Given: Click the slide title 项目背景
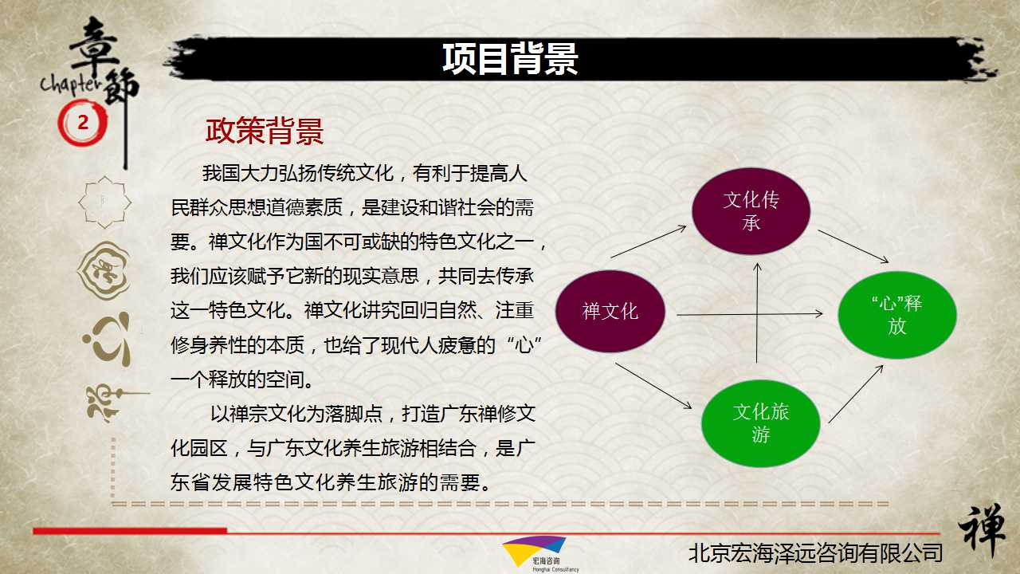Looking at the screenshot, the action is tap(510, 59).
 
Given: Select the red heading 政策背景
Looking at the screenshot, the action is tap(265, 132).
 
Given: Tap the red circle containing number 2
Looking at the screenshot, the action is tap(82, 123).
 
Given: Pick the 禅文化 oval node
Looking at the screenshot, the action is tap(610, 312).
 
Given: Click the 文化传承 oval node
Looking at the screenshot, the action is tap(751, 211).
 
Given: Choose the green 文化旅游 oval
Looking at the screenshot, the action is tap(761, 423).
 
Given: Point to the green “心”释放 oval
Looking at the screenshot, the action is tap(897, 315).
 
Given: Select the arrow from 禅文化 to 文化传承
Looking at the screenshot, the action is tap(649, 242).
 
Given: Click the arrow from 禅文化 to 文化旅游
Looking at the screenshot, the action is tap(653, 386).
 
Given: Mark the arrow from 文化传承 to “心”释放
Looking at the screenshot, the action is tap(853, 246).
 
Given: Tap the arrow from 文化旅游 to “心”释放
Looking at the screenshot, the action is tap(856, 394).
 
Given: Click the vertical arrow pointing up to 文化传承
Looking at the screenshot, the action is tap(757, 313).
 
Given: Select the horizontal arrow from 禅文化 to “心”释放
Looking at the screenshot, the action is tap(750, 314).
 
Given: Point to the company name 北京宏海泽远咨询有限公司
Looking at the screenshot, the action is tap(815, 553).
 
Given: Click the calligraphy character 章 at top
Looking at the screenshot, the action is tap(95, 45).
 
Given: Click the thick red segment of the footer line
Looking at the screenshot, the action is tap(130, 531).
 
